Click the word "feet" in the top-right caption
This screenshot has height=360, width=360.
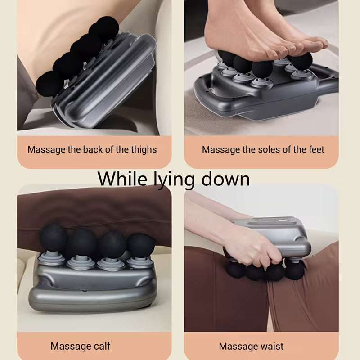coord(315,149)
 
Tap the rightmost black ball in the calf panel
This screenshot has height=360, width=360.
coord(140,245)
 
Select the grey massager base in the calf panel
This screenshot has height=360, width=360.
coord(90,288)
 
